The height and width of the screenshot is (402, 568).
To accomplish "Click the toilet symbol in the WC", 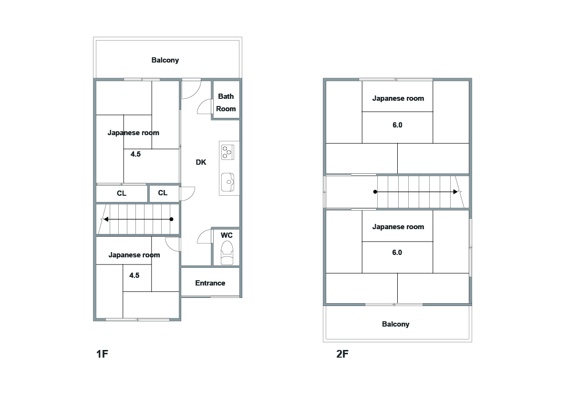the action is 227,253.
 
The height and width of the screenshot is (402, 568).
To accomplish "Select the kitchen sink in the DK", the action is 228,182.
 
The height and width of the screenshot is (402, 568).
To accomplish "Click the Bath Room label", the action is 226,103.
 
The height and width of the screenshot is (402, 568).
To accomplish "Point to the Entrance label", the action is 210,283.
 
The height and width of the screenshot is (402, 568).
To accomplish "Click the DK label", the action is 201,162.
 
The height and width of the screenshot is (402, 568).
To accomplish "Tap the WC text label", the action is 227,235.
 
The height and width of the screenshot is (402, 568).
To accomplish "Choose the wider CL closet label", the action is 122,193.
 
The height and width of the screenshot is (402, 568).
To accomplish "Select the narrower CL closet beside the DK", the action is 163,193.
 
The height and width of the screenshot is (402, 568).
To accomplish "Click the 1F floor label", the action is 102,354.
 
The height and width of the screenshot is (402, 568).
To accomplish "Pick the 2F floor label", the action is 342,354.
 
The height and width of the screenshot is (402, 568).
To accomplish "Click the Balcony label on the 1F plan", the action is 165,60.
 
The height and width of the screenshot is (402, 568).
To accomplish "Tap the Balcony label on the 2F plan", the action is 396,324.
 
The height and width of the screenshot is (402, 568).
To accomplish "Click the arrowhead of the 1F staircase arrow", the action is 106,219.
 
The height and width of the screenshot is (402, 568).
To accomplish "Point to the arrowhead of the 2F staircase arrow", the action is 456,192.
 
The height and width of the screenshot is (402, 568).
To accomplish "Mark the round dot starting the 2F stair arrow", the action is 375,192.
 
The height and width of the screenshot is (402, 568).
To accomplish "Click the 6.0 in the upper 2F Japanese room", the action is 397,125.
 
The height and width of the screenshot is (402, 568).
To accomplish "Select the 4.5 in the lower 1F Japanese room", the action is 134,275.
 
